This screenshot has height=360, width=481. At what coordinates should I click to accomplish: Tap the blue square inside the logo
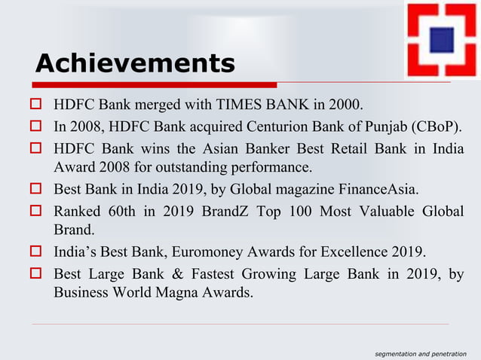pos(440,40)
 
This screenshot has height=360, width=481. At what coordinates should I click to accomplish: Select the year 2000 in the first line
pos(345,103)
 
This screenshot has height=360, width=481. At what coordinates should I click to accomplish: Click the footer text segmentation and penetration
pos(421,352)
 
